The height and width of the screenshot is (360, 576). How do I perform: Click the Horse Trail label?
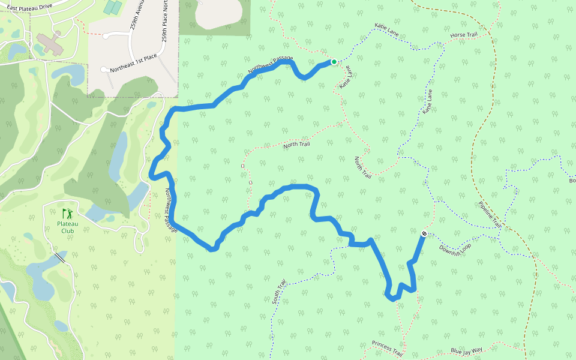pyautogui.click(x=464, y=35)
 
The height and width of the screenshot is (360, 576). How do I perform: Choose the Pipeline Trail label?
pyautogui.click(x=490, y=213)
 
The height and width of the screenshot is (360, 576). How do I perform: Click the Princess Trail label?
pyautogui.click(x=386, y=347)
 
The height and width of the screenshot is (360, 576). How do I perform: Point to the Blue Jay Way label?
pyautogui.click(x=467, y=351)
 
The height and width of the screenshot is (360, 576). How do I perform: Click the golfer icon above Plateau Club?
pyautogui.click(x=67, y=213)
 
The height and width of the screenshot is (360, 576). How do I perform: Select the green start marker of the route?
pyautogui.click(x=334, y=61)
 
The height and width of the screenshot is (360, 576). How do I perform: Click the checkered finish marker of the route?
pyautogui.click(x=424, y=233)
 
